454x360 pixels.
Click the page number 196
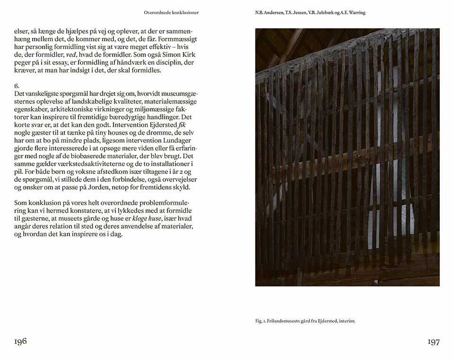point(20,341)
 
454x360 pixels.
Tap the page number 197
point(434,342)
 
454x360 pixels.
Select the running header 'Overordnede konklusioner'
point(171,13)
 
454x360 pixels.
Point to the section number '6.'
point(17,86)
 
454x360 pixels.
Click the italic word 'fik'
point(182,125)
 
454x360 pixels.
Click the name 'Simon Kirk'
point(179,55)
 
